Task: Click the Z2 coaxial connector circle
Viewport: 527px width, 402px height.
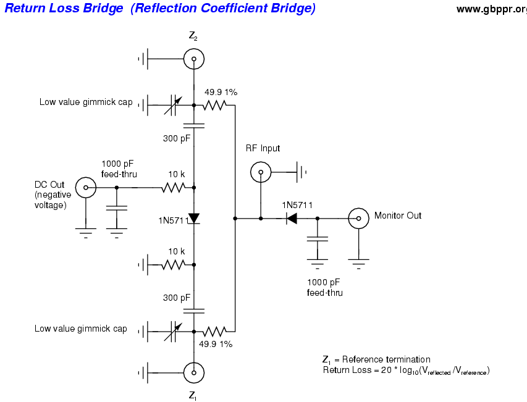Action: (194, 59)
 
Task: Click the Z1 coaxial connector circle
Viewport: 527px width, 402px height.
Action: (194, 372)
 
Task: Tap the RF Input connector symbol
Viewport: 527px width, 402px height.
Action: (261, 172)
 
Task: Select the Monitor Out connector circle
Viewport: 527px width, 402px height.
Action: (358, 218)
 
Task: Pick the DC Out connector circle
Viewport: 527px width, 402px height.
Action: (85, 186)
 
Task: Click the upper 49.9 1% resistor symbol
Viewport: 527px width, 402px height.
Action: (214, 105)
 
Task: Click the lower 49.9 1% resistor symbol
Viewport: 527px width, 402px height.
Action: (214, 330)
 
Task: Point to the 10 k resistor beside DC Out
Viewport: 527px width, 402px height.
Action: (174, 186)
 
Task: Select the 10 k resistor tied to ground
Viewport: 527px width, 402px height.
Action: (174, 265)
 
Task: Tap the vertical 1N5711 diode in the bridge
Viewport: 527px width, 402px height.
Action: (194, 218)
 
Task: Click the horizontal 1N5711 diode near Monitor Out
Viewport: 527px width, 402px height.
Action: (290, 218)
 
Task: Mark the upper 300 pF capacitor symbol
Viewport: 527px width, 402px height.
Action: (194, 126)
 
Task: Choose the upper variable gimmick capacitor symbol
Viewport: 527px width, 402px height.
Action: (172, 105)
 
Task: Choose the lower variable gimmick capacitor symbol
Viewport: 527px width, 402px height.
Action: (172, 330)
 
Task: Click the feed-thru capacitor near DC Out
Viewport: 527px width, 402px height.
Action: (117, 208)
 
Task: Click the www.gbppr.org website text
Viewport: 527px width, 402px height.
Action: (492, 9)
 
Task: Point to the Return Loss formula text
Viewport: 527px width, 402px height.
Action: (406, 371)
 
